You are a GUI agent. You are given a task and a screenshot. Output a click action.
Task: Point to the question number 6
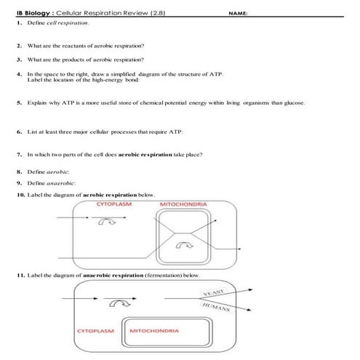point(18,132)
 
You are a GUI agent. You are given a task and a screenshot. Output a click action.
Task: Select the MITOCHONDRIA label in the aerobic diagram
point(183,204)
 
